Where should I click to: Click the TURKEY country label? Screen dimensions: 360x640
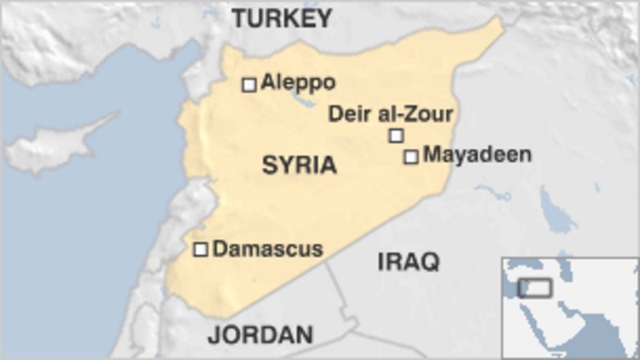coord(282,18)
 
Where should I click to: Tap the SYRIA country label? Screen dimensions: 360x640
coord(299,166)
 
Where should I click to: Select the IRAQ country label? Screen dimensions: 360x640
coord(408,262)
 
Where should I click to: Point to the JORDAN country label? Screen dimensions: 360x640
coord(260,334)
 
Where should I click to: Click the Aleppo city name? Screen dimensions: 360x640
coord(298,82)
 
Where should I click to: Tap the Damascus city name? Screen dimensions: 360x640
coord(267,249)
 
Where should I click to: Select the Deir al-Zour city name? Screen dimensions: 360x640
coord(390,114)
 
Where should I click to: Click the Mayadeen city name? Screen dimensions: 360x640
coord(477,154)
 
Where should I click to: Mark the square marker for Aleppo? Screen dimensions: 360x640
coord(250,84)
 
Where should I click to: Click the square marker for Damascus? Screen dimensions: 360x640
coord(201,250)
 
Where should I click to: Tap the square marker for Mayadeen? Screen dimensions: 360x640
coord(411,157)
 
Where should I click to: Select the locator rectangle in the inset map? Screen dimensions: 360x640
coord(534,287)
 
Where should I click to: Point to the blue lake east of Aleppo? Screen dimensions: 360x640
coord(305,102)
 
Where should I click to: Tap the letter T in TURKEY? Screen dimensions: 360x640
coord(239,18)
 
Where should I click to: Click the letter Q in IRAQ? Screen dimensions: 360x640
coord(430,262)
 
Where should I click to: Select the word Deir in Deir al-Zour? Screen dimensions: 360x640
coord(346,114)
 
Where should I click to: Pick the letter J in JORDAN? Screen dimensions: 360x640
coord(214,334)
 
